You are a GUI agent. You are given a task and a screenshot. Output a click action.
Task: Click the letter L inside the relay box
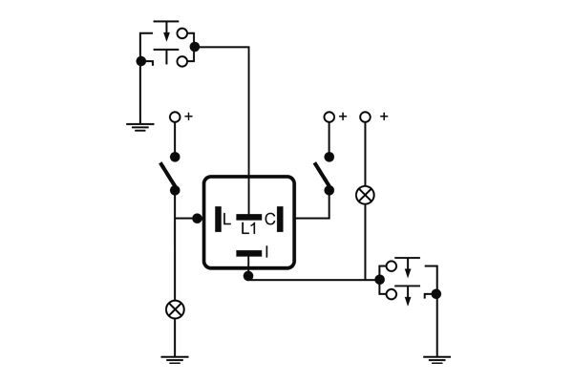(226, 220)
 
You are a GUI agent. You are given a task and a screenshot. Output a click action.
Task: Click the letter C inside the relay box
(270, 220)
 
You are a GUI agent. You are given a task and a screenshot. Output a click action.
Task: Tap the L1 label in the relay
(248, 229)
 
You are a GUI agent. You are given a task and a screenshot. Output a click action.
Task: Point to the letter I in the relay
(267, 252)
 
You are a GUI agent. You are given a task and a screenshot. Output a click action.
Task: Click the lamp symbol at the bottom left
(175, 308)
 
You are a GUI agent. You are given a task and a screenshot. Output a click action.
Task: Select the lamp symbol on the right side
(364, 195)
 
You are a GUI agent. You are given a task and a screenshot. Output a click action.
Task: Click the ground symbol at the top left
(140, 123)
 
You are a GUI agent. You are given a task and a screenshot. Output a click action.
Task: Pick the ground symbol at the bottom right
(435, 360)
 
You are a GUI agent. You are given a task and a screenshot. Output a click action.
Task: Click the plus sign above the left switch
(188, 117)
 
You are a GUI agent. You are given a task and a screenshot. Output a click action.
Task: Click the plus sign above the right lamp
(384, 117)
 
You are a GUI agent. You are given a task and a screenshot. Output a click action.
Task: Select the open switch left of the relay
(169, 175)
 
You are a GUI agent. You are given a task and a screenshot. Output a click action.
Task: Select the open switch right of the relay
(323, 175)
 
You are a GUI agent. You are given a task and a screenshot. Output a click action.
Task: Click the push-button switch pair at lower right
(405, 280)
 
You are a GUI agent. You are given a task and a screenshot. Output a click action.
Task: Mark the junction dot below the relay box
(248, 276)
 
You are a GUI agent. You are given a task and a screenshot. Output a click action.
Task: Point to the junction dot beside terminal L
(197, 219)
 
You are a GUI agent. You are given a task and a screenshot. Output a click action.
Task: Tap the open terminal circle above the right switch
(329, 117)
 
